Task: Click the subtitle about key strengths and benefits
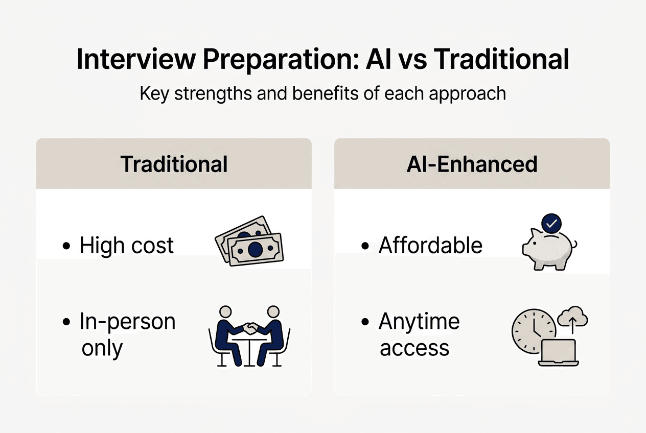tap(322, 94)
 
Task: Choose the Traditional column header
tap(174, 164)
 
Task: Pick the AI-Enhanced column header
tap(472, 164)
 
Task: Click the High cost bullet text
tap(126, 246)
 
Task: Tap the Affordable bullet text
tap(430, 246)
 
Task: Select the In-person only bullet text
tap(127, 335)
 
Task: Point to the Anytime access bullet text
tap(419, 335)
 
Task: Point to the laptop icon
tap(559, 353)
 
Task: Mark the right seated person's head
tap(273, 312)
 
